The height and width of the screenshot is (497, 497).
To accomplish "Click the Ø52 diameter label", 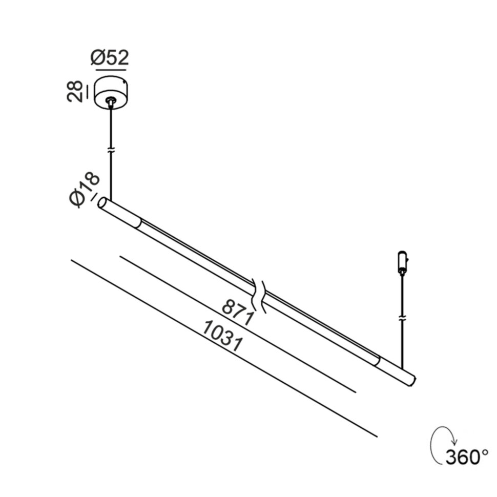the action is point(110,58).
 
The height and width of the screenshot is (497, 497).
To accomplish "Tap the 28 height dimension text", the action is point(75,91).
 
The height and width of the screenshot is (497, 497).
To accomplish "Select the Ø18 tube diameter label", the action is point(84,190).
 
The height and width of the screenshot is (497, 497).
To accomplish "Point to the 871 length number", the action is point(238,312).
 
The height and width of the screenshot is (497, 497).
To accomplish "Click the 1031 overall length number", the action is point(223,336).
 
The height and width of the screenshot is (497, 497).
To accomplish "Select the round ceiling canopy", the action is point(111,92).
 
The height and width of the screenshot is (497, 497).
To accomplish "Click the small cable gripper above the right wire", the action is point(402,262).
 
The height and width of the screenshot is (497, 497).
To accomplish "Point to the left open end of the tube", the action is point(102,202).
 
